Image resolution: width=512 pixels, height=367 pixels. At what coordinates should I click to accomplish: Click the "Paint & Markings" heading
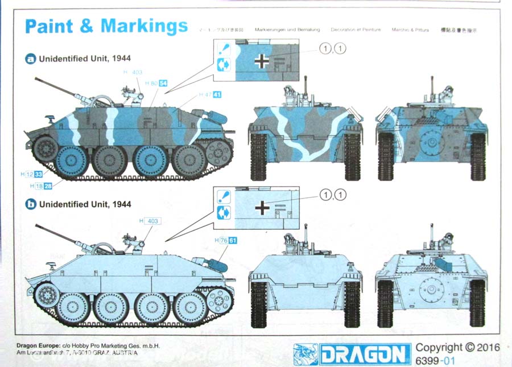point(106,26)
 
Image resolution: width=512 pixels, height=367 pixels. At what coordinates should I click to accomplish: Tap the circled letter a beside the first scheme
point(32,59)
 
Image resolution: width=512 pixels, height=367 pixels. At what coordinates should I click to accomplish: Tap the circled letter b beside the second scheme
point(32,204)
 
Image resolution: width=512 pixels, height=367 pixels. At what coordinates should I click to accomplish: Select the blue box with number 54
point(163,83)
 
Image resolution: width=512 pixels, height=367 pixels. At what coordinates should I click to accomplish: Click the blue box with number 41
point(217,94)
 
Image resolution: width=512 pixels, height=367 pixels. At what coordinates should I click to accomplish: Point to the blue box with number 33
point(39,174)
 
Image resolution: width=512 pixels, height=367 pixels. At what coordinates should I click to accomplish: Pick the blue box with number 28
point(48,185)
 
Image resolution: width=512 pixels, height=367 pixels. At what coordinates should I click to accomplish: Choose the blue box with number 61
point(233,241)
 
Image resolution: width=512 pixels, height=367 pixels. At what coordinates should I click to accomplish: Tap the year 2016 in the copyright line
point(488,347)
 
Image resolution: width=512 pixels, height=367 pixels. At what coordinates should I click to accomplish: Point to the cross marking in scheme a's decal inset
point(261,61)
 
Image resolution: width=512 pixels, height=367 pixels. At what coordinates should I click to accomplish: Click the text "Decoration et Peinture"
point(356,30)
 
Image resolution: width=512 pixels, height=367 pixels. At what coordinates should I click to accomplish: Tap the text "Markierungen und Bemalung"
point(287,30)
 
